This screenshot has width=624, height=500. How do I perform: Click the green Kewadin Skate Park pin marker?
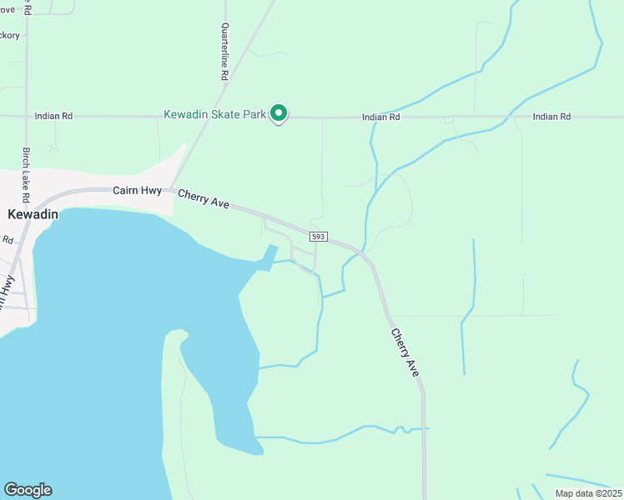(x=279, y=112)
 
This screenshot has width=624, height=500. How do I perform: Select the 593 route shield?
(x=318, y=237)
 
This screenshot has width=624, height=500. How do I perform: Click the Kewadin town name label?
(x=33, y=214)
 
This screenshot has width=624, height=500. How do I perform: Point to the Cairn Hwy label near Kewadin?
(x=137, y=191)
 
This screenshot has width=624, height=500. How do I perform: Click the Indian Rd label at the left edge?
(x=53, y=117)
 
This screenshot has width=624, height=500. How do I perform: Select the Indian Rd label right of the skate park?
(x=381, y=117)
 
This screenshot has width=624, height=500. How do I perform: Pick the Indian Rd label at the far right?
(x=551, y=117)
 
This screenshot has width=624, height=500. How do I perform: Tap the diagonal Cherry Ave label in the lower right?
(x=405, y=351)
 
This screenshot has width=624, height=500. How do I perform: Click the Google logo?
(x=28, y=490)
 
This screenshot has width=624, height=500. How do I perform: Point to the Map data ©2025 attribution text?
(x=588, y=493)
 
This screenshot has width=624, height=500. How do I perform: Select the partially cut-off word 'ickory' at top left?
(x=9, y=35)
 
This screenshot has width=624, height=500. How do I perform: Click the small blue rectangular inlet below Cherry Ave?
(x=268, y=257)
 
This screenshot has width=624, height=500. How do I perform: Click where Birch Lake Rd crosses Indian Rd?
(x=26, y=116)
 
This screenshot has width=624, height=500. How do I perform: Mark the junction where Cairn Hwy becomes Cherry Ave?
(x=171, y=190)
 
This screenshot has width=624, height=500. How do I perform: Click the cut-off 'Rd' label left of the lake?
(x=8, y=240)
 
